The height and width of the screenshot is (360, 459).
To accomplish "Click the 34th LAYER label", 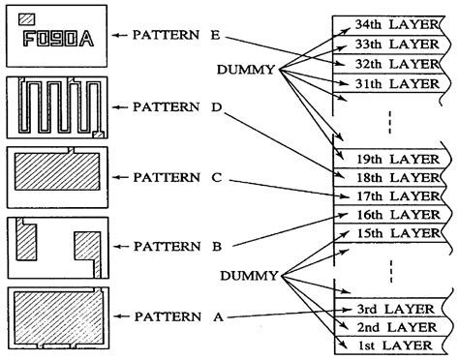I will click(x=389, y=22).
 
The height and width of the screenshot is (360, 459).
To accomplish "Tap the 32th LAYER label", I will click(x=389, y=63).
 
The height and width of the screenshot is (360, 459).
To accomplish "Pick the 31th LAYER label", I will click(x=389, y=83).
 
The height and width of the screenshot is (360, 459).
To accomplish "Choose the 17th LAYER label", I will click(x=389, y=195).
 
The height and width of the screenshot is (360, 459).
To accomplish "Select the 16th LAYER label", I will click(x=389, y=214).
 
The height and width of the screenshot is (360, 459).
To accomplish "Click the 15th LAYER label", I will click(x=389, y=233).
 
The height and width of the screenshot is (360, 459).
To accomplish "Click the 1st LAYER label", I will click(x=389, y=345).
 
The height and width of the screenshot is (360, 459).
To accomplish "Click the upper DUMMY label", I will click(x=247, y=71).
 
